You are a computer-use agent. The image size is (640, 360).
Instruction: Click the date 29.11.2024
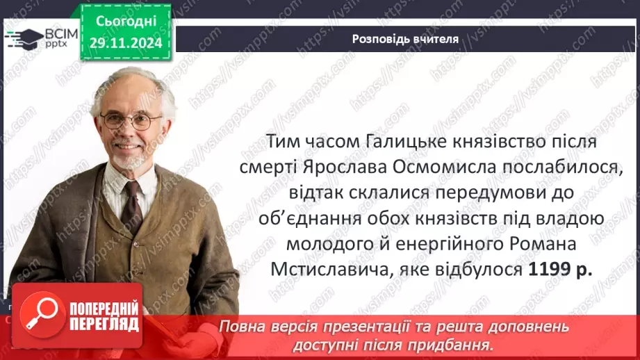pos(124,44)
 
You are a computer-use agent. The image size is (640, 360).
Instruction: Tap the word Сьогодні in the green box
pos(124,22)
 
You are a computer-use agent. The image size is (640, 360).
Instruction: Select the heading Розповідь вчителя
pos(404,39)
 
